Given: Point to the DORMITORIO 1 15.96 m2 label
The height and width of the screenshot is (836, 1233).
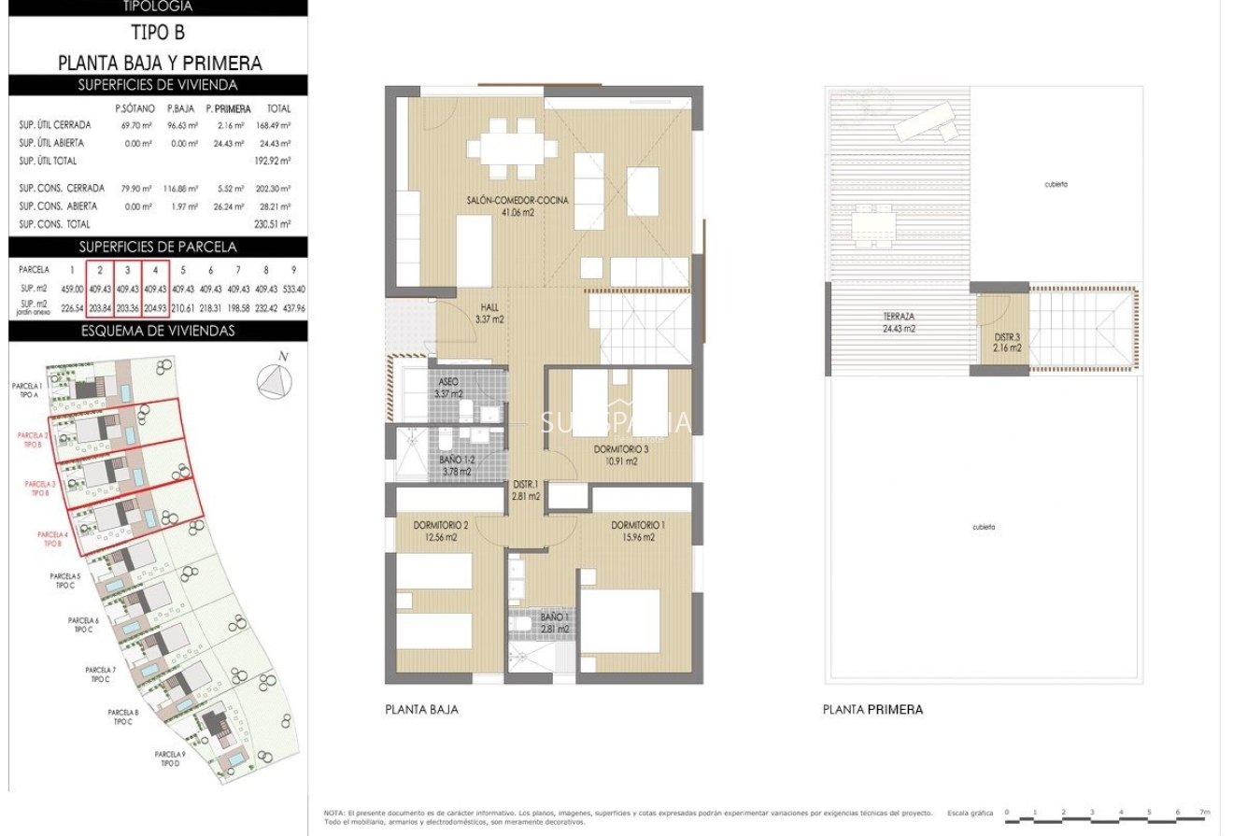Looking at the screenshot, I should pyautogui.click(x=638, y=531).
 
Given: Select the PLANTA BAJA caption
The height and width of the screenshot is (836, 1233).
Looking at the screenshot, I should pyautogui.click(x=421, y=710).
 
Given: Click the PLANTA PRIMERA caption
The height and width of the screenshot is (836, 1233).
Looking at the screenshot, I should pyautogui.click(x=872, y=710).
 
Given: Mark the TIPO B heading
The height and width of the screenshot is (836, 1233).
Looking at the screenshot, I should pyautogui.click(x=159, y=33).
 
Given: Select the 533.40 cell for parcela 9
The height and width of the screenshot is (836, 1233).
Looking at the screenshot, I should pyautogui.click(x=293, y=289).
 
